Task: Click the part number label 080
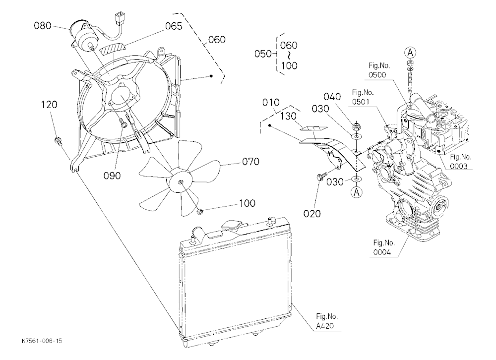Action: click(x=42, y=25)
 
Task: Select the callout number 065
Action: click(x=174, y=26)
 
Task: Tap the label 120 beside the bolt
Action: click(x=49, y=105)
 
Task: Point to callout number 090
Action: click(x=112, y=176)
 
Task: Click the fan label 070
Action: click(x=250, y=162)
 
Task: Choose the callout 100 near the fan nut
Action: click(x=247, y=203)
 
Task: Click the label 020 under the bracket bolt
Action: click(x=312, y=214)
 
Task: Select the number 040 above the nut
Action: click(x=332, y=97)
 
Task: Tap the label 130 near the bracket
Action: click(x=288, y=116)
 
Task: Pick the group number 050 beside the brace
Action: click(x=263, y=54)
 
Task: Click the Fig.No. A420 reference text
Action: click(x=326, y=321)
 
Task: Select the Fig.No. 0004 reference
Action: click(x=384, y=247)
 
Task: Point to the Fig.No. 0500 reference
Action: click(x=379, y=70)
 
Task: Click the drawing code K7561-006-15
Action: click(x=42, y=341)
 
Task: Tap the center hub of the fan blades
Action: click(x=181, y=182)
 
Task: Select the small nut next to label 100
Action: click(x=199, y=211)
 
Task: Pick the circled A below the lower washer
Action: click(x=357, y=192)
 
